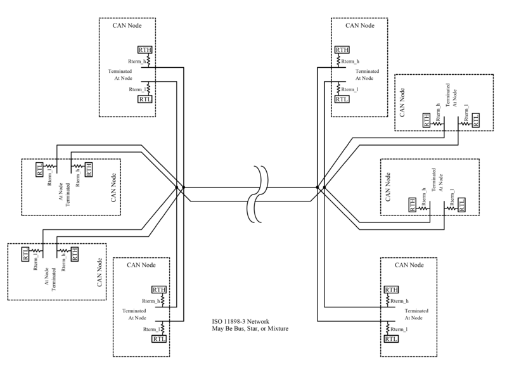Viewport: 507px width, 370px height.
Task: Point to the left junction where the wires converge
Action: (x=179, y=188)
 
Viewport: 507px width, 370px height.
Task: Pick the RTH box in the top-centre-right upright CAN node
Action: (x=341, y=50)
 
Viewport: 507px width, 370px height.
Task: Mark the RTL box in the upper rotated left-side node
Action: (x=40, y=168)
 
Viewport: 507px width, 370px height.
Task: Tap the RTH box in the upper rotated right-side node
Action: (x=427, y=119)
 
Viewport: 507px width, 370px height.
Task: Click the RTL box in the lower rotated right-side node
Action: (x=461, y=204)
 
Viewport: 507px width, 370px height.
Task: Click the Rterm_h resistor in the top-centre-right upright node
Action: (x=338, y=61)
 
